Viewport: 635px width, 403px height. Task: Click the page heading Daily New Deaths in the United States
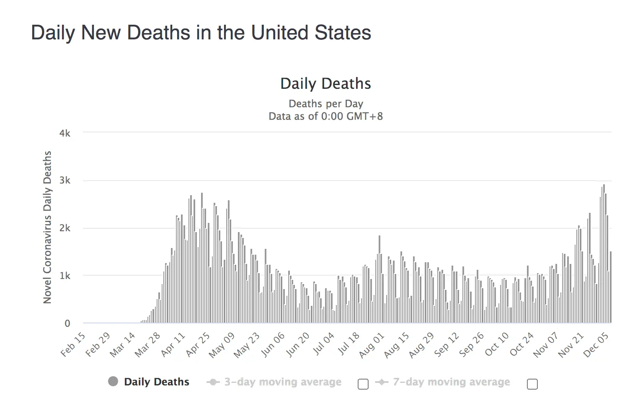(x=201, y=33)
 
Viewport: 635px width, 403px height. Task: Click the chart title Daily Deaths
(x=325, y=83)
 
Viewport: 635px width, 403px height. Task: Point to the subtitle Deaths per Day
(x=325, y=103)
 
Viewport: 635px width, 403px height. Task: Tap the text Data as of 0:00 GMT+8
(x=325, y=116)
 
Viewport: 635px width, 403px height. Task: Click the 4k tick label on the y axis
(x=65, y=133)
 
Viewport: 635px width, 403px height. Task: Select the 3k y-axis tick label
(x=65, y=181)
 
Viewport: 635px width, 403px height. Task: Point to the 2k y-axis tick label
(x=65, y=228)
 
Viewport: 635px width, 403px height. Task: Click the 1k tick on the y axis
(x=65, y=276)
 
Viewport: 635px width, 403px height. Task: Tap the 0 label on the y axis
(x=67, y=323)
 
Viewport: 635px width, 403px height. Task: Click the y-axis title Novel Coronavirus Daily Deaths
(x=47, y=227)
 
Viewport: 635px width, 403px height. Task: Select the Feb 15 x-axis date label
(x=73, y=344)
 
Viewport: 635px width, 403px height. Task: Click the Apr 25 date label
(x=198, y=344)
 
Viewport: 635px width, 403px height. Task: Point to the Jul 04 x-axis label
(x=324, y=344)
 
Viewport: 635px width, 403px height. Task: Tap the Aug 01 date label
(x=372, y=345)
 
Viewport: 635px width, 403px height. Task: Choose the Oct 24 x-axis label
(x=522, y=344)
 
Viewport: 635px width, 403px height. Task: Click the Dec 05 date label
(x=596, y=345)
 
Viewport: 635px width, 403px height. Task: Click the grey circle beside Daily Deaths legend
(x=113, y=381)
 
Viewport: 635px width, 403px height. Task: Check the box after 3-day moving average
(x=363, y=384)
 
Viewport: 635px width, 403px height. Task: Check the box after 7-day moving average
(x=532, y=384)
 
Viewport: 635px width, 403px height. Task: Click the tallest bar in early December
(x=604, y=253)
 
